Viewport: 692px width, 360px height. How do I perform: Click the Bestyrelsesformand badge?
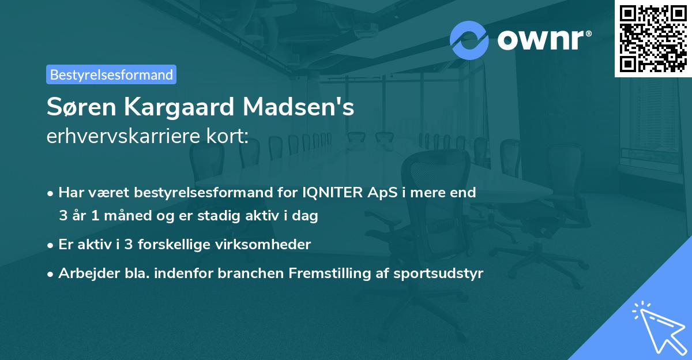pos(111,74)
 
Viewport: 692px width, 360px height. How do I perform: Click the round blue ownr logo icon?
pos(469,40)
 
